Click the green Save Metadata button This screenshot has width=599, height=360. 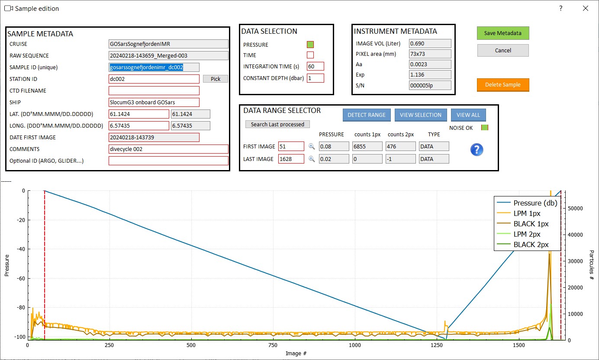point(502,33)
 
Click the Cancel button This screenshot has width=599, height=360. point(502,50)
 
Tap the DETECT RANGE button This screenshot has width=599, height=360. point(367,115)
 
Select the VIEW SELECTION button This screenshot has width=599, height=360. point(420,115)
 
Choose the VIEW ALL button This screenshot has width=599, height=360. point(468,115)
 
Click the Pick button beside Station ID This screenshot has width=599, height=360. point(215,79)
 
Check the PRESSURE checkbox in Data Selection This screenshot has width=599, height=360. point(310,45)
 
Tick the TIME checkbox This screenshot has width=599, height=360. point(310,55)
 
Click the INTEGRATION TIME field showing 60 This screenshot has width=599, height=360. point(315,66)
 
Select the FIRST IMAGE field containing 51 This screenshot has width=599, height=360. point(291,146)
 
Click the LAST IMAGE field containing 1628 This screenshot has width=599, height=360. point(291,159)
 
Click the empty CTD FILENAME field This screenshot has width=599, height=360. point(154,90)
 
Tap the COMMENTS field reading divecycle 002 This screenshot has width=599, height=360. point(168,149)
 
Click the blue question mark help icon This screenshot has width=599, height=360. point(477,150)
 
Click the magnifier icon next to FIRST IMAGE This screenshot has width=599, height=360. point(312,146)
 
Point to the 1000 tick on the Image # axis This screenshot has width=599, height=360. point(354,346)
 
